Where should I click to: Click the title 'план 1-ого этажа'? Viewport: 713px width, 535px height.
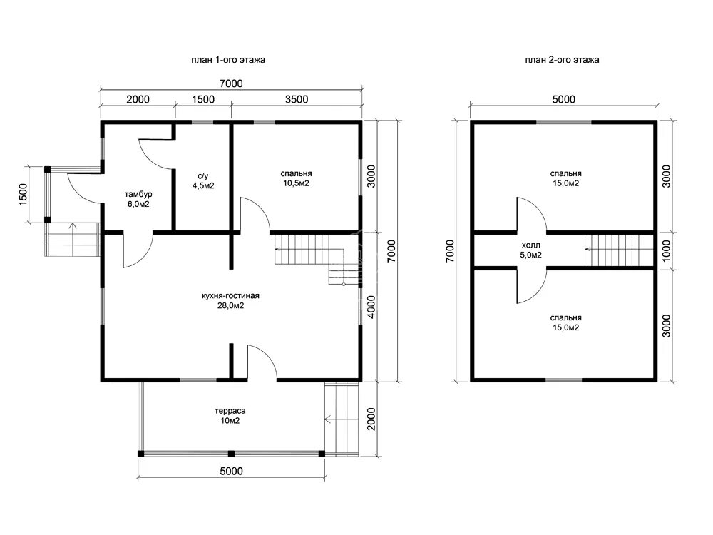click(228, 60)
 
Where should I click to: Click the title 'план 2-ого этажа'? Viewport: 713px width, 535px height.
click(562, 60)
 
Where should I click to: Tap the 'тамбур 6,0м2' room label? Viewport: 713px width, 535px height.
click(138, 199)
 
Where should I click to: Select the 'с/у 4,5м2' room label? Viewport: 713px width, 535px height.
click(203, 180)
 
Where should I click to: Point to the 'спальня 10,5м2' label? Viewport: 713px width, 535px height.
click(296, 178)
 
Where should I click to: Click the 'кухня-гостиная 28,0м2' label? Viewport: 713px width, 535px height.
click(230, 300)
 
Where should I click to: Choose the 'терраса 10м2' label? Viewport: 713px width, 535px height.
click(230, 416)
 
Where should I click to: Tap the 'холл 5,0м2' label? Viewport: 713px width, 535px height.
click(530, 250)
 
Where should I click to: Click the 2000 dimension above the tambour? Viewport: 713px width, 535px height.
click(138, 99)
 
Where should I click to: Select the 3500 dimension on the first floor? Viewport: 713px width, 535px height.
click(297, 99)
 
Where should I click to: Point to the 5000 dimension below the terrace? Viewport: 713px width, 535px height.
click(232, 471)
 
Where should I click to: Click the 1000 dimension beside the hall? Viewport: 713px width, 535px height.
click(666, 250)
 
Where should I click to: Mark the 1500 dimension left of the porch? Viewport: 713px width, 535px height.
click(24, 194)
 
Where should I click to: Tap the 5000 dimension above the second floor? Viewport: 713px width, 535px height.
click(564, 99)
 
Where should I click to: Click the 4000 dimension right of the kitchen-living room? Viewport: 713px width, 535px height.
click(371, 307)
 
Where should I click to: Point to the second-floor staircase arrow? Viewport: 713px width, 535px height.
click(618, 249)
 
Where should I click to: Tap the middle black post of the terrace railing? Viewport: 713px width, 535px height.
click(231, 454)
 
